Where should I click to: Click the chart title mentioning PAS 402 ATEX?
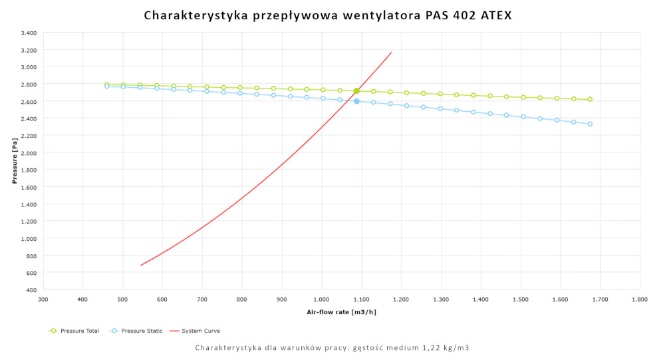point(328,15)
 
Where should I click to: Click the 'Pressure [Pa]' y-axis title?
point(15,161)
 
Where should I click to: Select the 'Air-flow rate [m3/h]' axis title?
point(341,311)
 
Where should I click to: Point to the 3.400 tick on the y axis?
point(28,33)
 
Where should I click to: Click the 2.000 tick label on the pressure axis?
point(28,152)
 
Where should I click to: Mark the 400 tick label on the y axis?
point(31,289)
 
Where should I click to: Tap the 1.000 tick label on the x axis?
point(322,300)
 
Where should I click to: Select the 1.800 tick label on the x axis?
point(640,300)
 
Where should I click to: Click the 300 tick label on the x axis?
point(43,300)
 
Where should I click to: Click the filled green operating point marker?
point(356,90)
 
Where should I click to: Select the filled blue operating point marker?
point(356,101)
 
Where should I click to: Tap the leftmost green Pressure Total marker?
point(106,85)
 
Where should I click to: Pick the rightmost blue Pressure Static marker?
point(590,124)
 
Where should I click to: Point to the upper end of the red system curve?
point(391,53)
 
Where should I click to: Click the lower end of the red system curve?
point(141,265)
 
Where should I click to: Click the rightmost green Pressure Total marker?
point(590,99)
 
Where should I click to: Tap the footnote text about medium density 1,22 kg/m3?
point(332,348)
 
